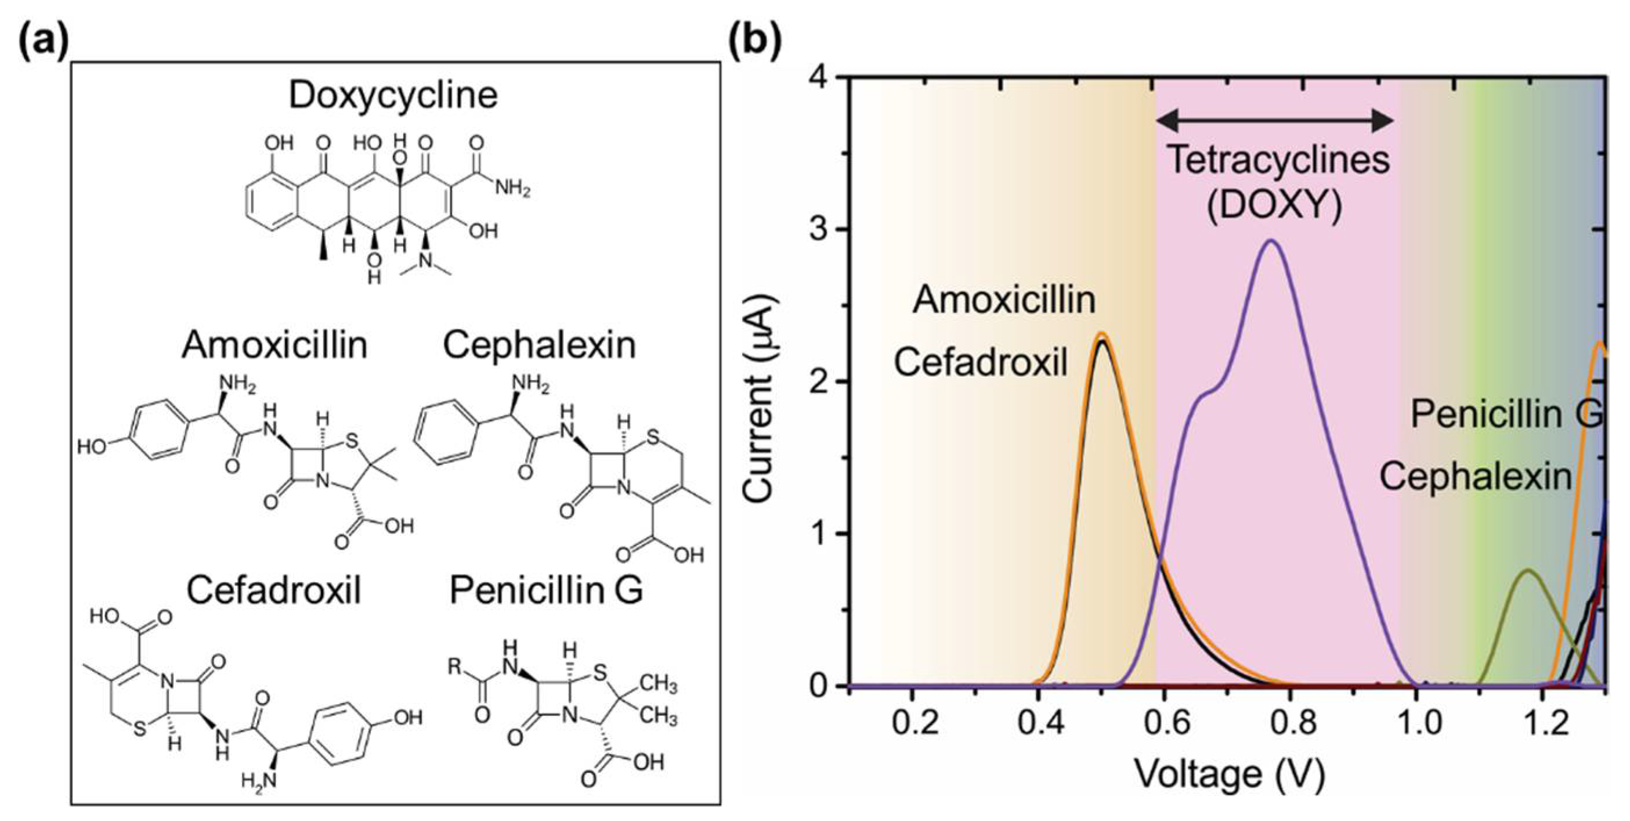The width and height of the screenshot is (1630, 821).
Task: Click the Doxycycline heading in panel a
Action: click(393, 96)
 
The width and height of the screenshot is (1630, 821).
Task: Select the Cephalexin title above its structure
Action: click(539, 345)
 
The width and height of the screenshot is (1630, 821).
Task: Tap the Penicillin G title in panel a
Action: click(545, 590)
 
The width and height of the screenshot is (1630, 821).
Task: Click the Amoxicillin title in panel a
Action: click(274, 345)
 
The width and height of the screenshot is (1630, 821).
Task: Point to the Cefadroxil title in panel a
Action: click(273, 590)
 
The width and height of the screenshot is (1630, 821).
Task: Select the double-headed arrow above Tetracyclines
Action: click(1274, 120)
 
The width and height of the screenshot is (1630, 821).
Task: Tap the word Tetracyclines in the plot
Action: click(1278, 160)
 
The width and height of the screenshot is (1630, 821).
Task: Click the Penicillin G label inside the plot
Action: click(1506, 415)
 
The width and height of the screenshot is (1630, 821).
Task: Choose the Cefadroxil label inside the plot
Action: click(981, 363)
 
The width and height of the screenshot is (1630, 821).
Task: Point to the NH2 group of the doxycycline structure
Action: click(512, 189)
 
